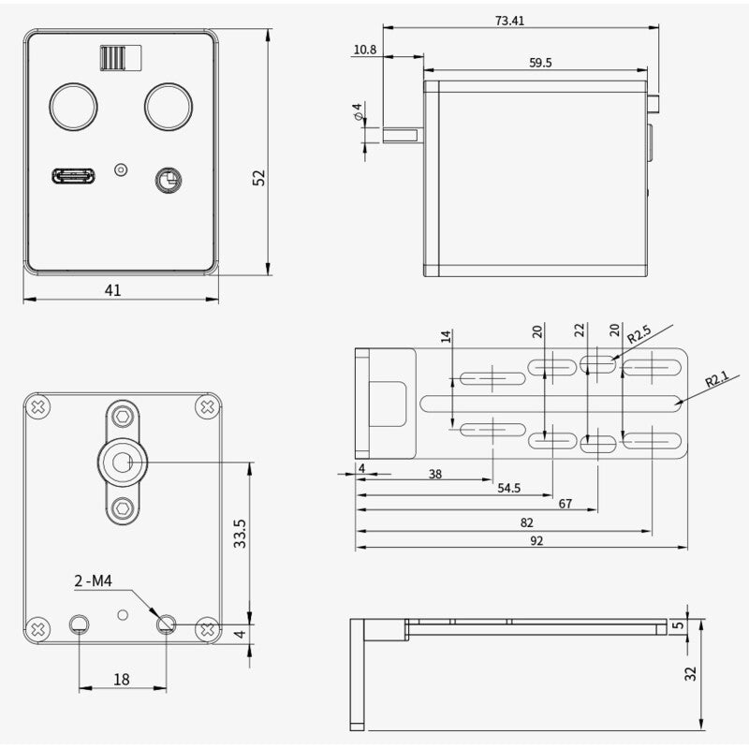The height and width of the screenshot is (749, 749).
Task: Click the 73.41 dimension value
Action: click(511, 21)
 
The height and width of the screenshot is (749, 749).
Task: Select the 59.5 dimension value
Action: click(540, 63)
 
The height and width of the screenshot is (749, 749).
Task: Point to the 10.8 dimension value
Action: click(366, 50)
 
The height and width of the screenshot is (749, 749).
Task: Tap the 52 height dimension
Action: click(260, 177)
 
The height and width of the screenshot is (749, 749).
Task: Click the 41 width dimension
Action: click(112, 290)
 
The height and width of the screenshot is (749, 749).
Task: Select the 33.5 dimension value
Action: click(240, 533)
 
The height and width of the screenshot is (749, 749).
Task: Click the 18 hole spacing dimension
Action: click(122, 680)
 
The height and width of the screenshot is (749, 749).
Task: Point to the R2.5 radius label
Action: click(639, 334)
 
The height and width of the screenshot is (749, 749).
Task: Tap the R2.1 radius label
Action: click(716, 379)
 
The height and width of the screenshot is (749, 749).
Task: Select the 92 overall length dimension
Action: click(536, 540)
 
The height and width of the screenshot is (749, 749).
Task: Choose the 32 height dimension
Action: click(692, 673)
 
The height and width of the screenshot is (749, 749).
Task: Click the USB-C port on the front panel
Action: click(73, 175)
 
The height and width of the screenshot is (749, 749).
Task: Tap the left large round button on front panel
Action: click(73, 106)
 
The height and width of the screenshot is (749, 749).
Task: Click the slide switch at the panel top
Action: click(118, 58)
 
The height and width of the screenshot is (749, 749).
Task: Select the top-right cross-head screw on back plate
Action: click(207, 407)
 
